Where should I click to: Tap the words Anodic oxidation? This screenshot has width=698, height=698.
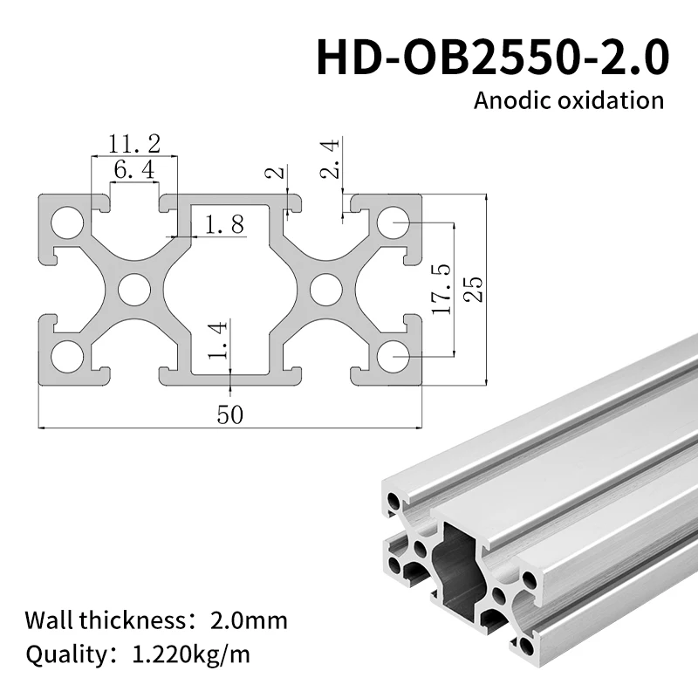pos(568,99)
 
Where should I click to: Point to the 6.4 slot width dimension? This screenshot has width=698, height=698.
pos(134,170)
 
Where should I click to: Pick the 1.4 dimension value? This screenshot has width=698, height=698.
pos(218,340)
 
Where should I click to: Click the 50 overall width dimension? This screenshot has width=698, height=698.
pos(231,414)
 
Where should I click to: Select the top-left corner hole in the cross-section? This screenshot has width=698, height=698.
pos(66,222)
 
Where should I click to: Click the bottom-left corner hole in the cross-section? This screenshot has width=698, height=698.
pos(66,356)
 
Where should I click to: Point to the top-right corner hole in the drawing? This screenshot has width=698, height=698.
pos(394,222)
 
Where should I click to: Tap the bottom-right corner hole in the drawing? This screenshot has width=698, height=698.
pos(394,356)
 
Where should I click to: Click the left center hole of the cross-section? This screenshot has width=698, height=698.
pos(134,290)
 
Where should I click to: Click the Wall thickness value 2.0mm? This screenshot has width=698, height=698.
pos(249,621)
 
